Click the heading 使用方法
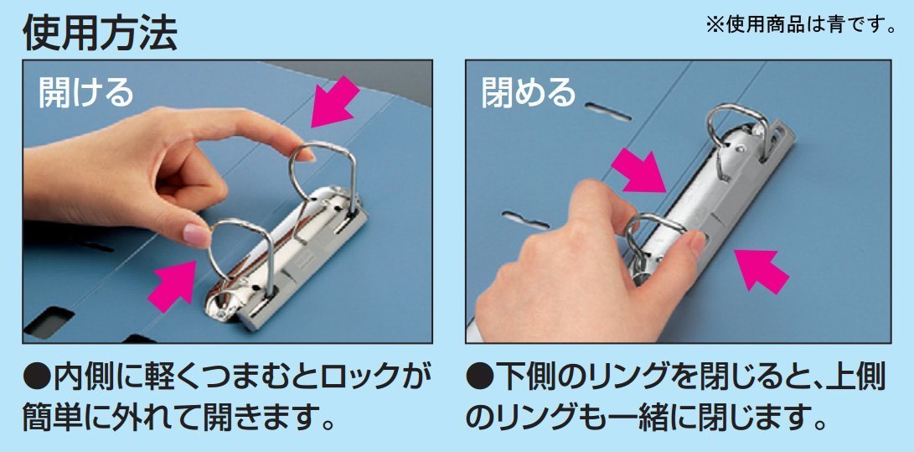101,34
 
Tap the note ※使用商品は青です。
802,25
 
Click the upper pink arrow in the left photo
334,101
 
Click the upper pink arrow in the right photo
638,170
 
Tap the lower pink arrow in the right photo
762,271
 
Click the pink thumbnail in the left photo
196,235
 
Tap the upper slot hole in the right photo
607,112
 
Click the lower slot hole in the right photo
525,220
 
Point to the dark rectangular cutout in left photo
49,322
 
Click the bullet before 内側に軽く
37,380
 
